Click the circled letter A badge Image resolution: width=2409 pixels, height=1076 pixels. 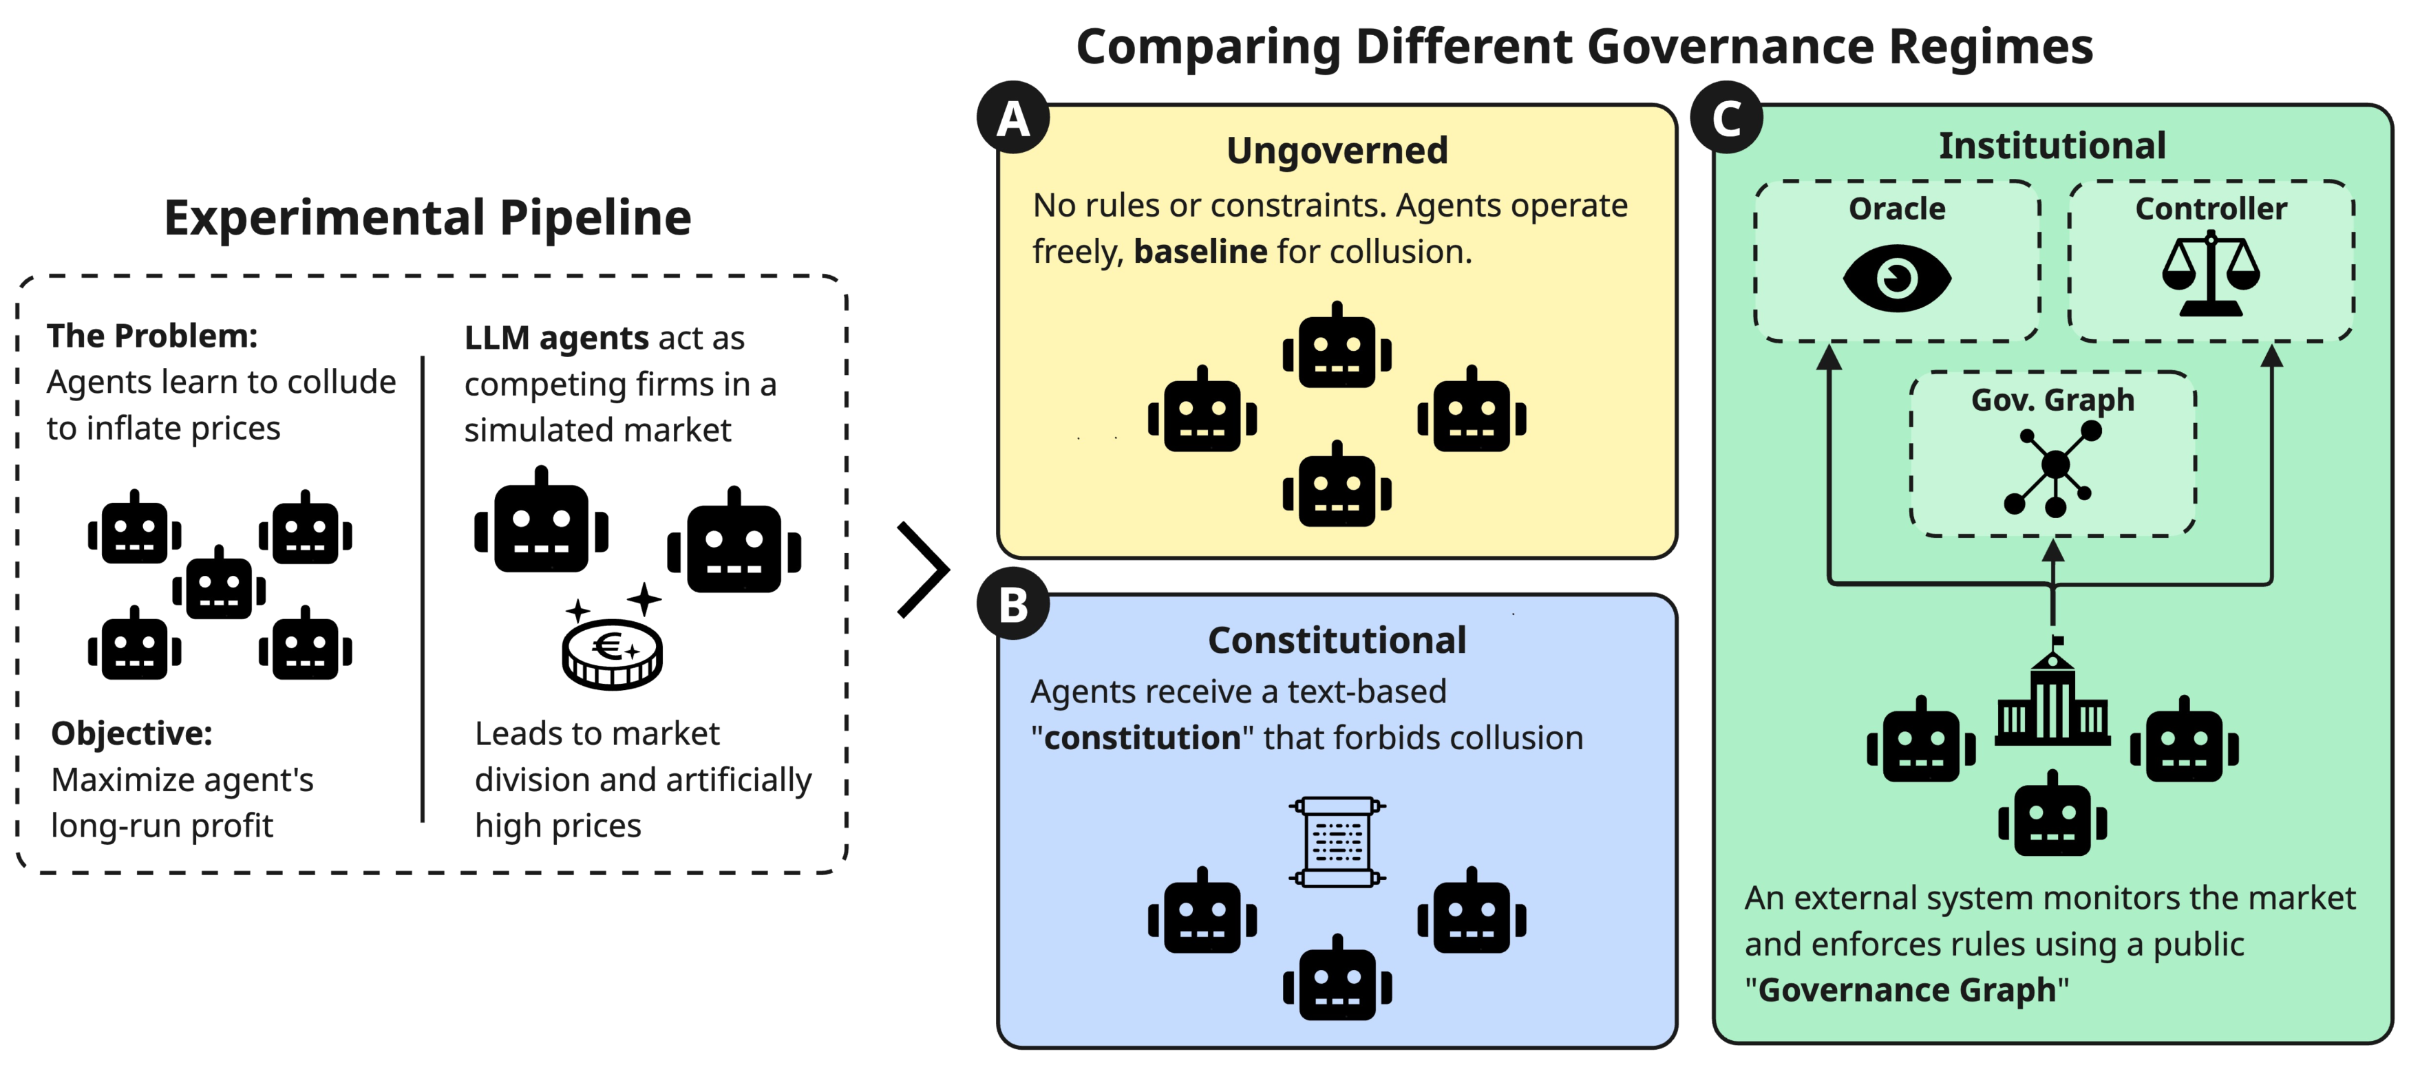(x=1012, y=118)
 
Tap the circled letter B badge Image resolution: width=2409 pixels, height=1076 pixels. (x=1012, y=604)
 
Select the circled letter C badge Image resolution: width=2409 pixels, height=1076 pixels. (x=1726, y=118)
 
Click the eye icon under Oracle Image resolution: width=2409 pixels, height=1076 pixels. (x=1896, y=278)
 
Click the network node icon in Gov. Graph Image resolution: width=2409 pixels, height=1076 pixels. (x=2054, y=467)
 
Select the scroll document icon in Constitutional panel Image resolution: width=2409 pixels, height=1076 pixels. (x=1337, y=841)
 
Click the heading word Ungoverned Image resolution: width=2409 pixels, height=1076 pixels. (x=1337, y=151)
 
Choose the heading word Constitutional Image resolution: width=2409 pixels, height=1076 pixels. (x=1337, y=641)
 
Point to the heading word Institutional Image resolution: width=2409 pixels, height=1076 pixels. (x=2052, y=146)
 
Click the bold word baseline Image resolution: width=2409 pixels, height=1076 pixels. (x=1200, y=252)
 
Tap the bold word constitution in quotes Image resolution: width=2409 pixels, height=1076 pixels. (x=1142, y=738)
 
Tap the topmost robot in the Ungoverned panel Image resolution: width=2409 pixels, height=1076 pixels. (x=1337, y=346)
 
